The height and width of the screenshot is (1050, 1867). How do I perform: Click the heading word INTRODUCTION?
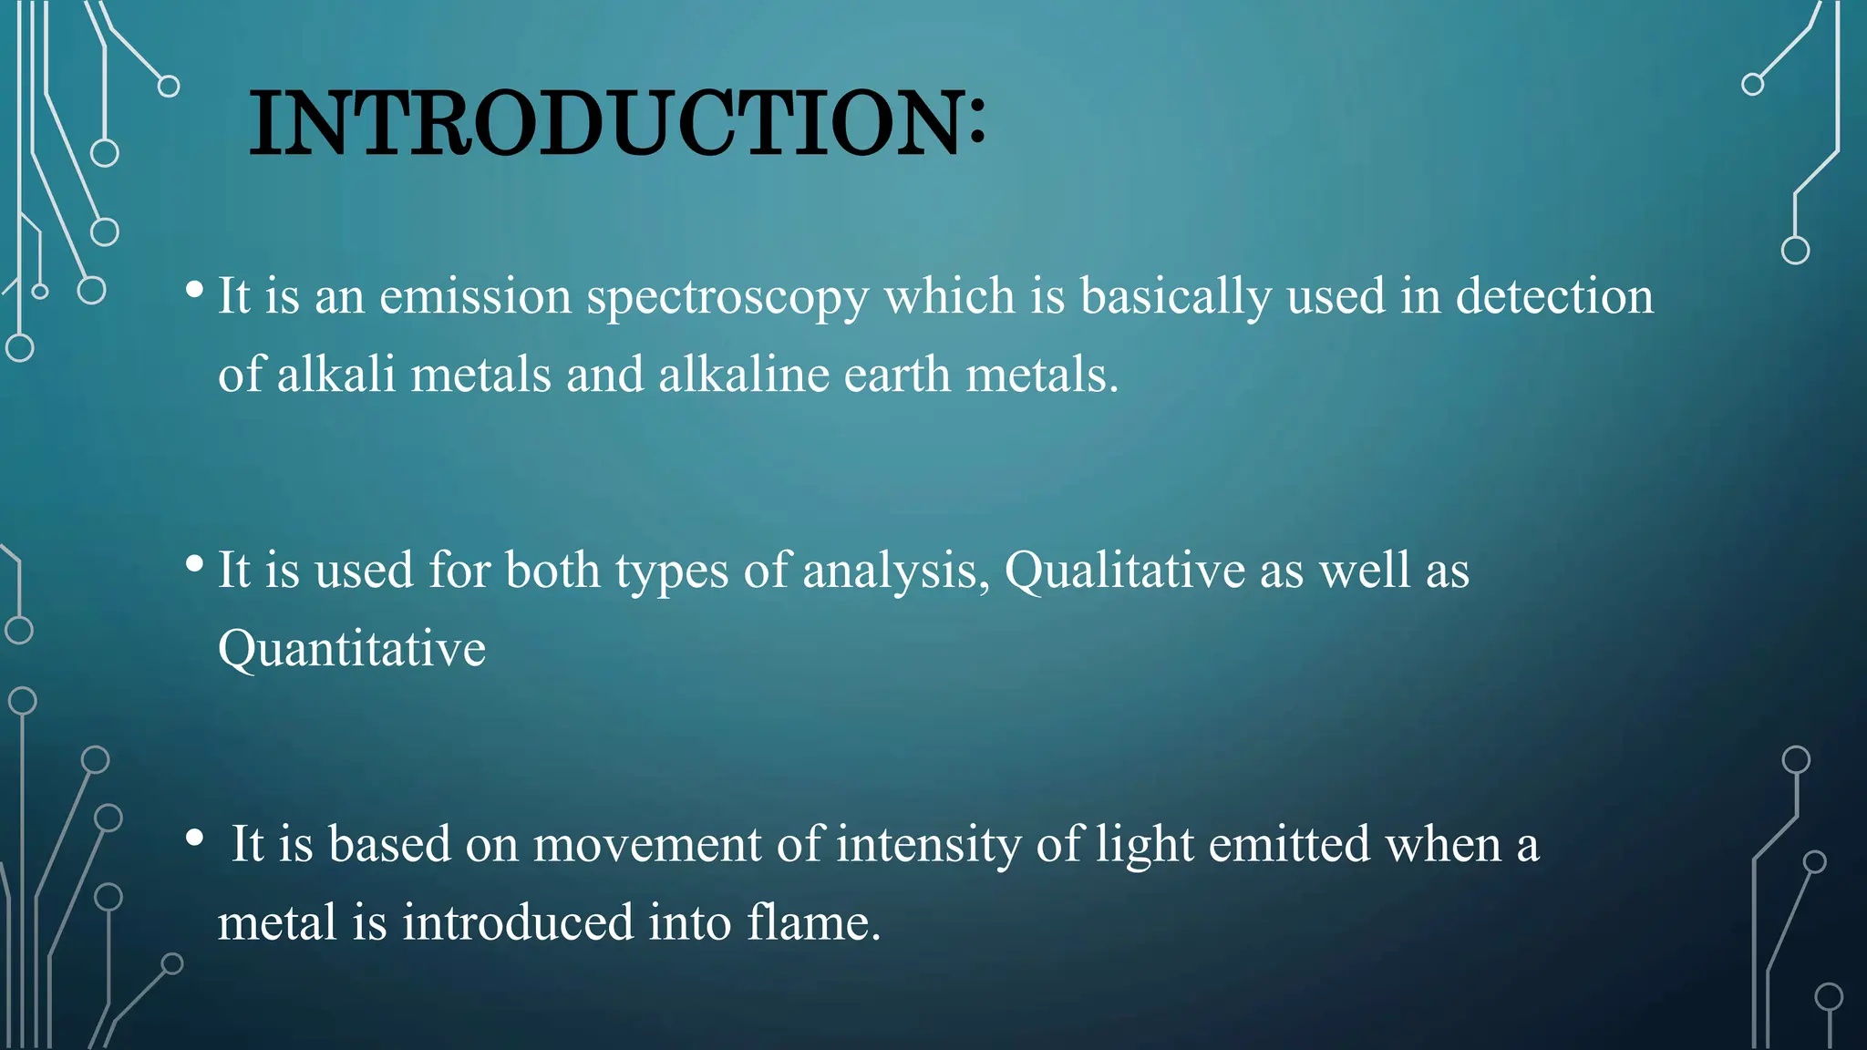pyautogui.click(x=606, y=124)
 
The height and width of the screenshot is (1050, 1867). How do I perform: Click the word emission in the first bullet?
pyautogui.click(x=475, y=297)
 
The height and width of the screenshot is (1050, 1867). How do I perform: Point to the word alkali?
pyautogui.click(x=336, y=375)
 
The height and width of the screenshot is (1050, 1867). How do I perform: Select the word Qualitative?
pyautogui.click(x=1125, y=571)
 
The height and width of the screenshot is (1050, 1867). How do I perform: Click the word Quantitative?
pyautogui.click(x=352, y=649)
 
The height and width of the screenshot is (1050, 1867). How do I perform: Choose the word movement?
pyautogui.click(x=646, y=845)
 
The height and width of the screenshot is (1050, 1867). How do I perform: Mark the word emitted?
pyautogui.click(x=1289, y=845)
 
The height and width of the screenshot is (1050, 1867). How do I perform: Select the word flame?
pyautogui.click(x=813, y=922)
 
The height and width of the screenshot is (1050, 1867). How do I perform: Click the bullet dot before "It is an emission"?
pyautogui.click(x=193, y=290)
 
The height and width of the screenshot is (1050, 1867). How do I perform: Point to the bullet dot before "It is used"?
pyautogui.click(x=193, y=564)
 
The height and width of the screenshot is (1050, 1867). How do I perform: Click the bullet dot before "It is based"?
pyautogui.click(x=193, y=838)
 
